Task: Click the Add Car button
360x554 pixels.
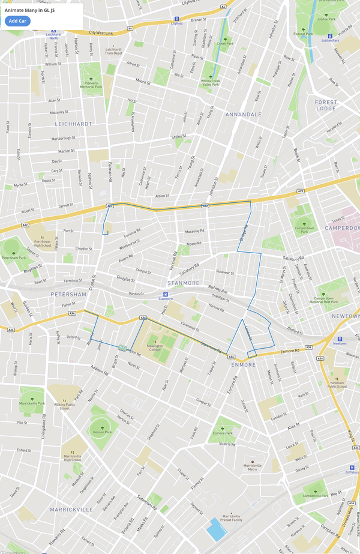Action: coord(17,21)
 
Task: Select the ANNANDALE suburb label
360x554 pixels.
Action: coord(243,114)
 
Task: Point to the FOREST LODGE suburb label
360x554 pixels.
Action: coord(326,105)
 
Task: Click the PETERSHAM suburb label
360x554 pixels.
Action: coord(69,294)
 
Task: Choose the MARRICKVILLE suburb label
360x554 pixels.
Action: coord(71,509)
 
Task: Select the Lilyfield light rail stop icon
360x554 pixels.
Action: coord(176,19)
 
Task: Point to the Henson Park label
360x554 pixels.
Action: coord(102,432)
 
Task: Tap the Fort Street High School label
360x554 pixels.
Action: coord(43,242)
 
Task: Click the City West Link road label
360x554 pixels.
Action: coord(101,32)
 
